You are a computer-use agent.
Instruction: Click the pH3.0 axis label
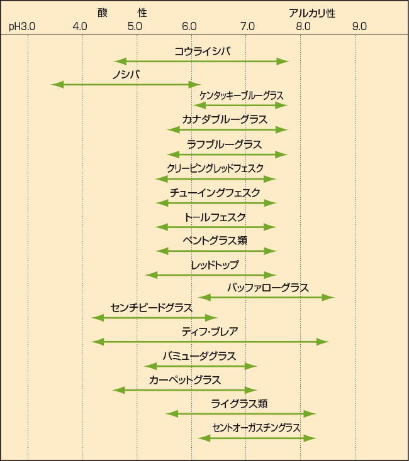[x=22, y=27]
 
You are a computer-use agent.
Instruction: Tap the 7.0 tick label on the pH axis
[x=247, y=26]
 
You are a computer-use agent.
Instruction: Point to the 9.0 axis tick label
[x=359, y=26]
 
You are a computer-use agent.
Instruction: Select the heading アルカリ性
[x=312, y=13]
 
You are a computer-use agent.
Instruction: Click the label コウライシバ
[x=203, y=52]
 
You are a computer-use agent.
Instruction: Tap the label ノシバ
[x=126, y=75]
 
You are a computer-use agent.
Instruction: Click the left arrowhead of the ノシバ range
[x=57, y=85]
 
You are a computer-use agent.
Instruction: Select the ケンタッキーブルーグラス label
[x=242, y=95]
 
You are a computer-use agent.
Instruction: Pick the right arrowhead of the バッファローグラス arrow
[x=328, y=298]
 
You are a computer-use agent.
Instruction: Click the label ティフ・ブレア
[x=210, y=332]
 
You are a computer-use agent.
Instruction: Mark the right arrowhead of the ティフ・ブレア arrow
[x=323, y=342]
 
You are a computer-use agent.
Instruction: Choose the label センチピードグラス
[x=152, y=308]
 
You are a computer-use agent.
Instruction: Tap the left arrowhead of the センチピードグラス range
[x=98, y=318]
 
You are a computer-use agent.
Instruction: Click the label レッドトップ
[x=215, y=265]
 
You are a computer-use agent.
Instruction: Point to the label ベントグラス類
[x=215, y=241]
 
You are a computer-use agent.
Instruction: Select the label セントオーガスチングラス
[x=256, y=428]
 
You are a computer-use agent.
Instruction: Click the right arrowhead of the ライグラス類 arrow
[x=310, y=414]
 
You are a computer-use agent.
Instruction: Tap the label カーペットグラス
[x=185, y=380]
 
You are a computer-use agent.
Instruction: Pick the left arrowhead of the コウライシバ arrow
[x=120, y=62]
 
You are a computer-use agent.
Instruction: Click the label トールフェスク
[x=215, y=217]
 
